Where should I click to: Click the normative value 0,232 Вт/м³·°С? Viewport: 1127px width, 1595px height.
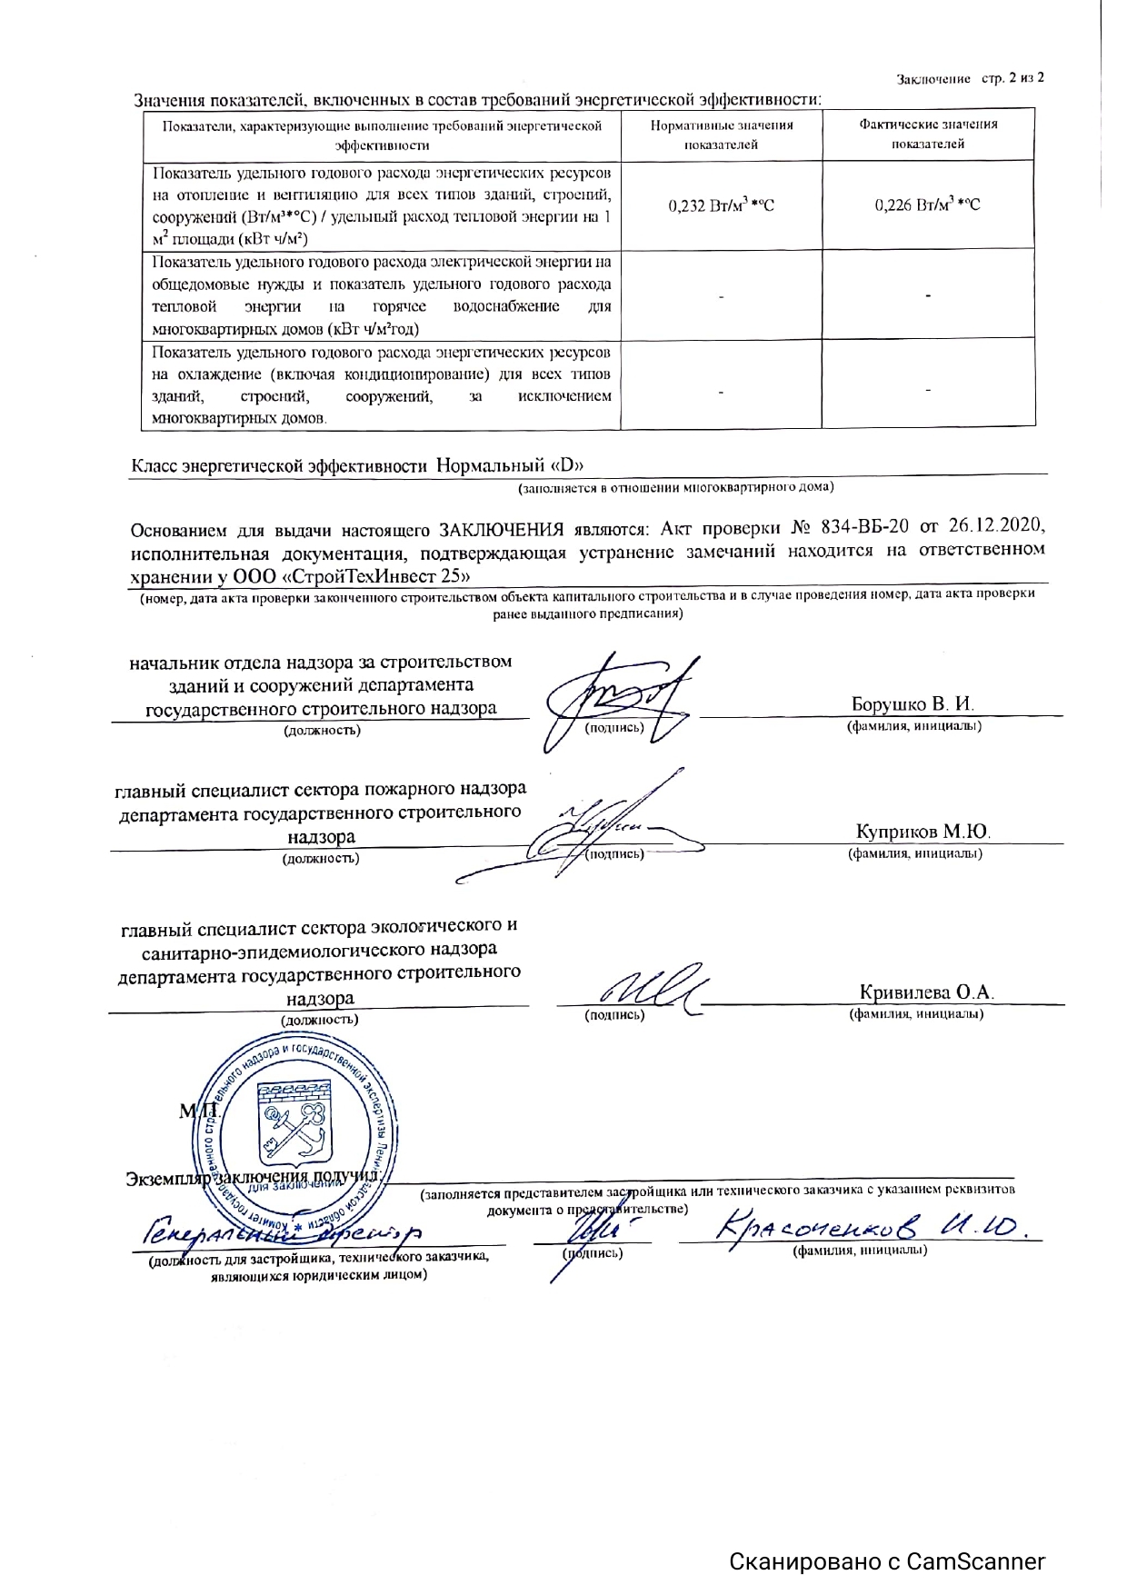click(722, 205)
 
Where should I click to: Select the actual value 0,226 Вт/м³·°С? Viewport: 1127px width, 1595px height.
click(927, 205)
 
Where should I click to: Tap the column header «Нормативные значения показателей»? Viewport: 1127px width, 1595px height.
click(722, 135)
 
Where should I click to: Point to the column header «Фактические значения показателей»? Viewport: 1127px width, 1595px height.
click(928, 134)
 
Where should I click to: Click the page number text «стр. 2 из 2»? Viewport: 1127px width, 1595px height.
click(1012, 78)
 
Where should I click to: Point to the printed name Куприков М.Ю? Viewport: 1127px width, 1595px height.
click(923, 832)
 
